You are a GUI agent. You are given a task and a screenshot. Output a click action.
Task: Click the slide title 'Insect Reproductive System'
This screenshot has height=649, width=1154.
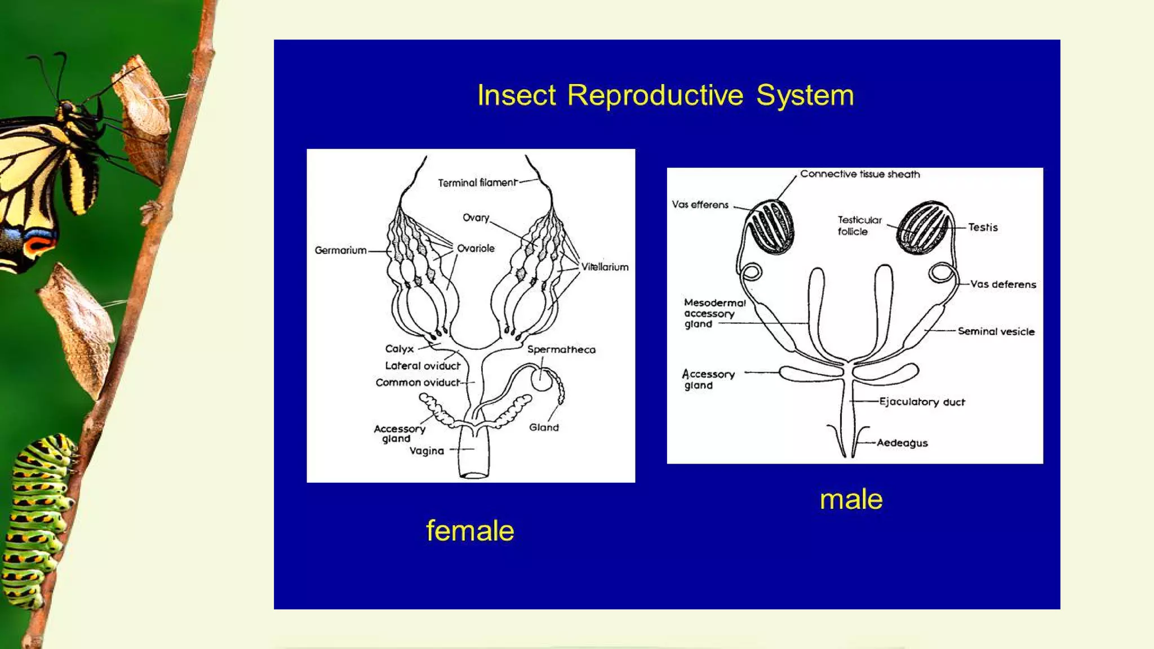coord(665,95)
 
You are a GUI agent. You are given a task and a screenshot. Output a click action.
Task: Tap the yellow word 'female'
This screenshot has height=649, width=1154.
coord(470,531)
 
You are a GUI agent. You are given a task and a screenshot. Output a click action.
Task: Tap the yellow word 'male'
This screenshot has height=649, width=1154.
coord(851,499)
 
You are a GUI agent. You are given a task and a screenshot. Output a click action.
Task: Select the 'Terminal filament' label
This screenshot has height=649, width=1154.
coord(477,183)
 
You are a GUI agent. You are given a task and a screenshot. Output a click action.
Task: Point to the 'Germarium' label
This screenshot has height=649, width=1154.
coord(340,250)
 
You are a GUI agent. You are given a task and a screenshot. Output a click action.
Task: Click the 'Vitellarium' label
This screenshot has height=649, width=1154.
coord(605,267)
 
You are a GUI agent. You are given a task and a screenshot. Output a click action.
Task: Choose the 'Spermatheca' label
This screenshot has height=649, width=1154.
coord(561,349)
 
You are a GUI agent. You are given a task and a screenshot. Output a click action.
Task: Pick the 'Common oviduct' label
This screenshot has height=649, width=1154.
coord(418,383)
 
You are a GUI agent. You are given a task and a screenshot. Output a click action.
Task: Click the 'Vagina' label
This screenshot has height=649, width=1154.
coord(427,451)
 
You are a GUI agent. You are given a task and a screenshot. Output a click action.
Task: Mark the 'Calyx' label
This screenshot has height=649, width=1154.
coord(399,349)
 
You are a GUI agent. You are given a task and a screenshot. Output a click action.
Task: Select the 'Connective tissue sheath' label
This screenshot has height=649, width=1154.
coord(860,174)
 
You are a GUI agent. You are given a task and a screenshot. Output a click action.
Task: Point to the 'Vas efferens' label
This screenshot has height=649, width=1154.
coord(700,205)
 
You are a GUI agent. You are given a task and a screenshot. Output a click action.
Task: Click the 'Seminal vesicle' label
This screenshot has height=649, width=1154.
coord(996,331)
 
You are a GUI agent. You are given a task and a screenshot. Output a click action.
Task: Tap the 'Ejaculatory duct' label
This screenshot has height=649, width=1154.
coord(922,402)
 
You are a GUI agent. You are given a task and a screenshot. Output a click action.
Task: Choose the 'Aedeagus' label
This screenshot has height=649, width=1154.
coord(902,443)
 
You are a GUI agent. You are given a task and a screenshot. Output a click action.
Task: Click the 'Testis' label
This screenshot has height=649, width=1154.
coord(983,227)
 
